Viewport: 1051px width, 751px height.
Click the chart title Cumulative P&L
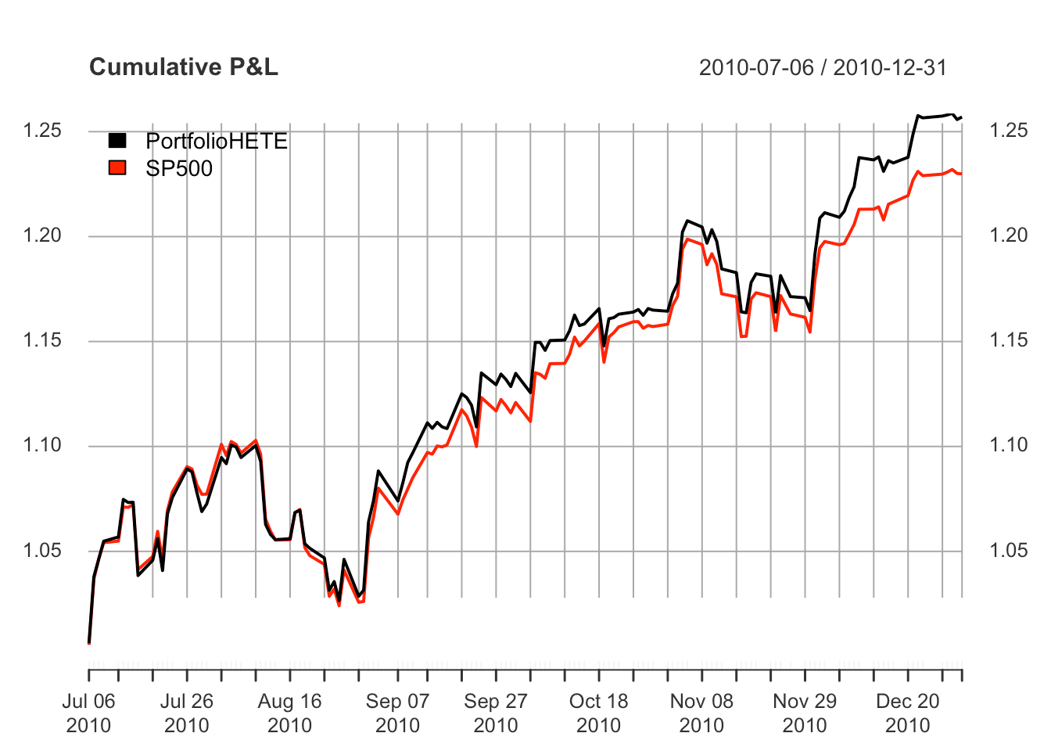click(x=184, y=67)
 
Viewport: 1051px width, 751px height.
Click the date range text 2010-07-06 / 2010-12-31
click(x=823, y=68)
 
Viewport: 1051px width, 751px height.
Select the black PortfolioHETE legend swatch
click(x=117, y=141)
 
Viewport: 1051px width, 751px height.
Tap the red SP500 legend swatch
click(x=117, y=167)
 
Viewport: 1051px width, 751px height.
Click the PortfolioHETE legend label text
click(x=217, y=142)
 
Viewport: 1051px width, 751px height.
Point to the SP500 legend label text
click(x=179, y=168)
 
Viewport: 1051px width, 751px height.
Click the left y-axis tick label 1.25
click(x=42, y=131)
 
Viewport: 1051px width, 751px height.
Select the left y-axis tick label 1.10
click(x=42, y=445)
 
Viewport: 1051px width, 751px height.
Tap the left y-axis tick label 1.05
click(x=42, y=551)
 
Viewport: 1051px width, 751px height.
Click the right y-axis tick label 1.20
click(x=1008, y=235)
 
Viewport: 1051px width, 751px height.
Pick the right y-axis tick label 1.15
click(x=1008, y=340)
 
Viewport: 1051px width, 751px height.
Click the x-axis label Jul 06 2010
click(x=88, y=713)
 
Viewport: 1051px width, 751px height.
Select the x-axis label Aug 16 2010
click(x=289, y=713)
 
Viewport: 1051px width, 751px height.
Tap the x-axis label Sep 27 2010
click(x=496, y=713)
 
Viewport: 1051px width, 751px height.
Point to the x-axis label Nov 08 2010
click(x=701, y=713)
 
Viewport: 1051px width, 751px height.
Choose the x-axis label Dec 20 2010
click(x=907, y=713)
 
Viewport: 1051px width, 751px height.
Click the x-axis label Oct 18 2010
click(x=598, y=713)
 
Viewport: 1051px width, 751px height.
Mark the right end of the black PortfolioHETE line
click(x=961, y=117)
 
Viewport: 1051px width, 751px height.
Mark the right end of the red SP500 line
click(x=961, y=173)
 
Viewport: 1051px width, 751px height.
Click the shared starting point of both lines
click(x=89, y=642)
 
